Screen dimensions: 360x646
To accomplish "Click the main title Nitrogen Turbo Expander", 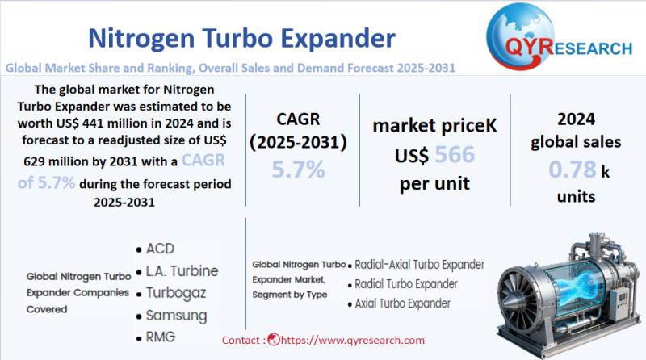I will [x=241, y=38].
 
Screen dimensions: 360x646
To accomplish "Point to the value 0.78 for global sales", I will [x=573, y=170].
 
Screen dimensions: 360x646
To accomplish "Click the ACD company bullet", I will [x=160, y=248].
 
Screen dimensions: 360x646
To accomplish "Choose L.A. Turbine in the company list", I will [x=182, y=270].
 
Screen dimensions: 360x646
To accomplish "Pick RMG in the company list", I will [x=161, y=337].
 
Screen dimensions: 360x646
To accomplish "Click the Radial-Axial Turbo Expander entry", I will [x=419, y=264].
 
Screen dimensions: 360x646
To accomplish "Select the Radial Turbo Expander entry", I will [x=405, y=284].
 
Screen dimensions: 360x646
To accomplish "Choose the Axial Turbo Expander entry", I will [x=402, y=304].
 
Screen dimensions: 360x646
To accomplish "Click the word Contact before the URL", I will [x=241, y=341].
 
